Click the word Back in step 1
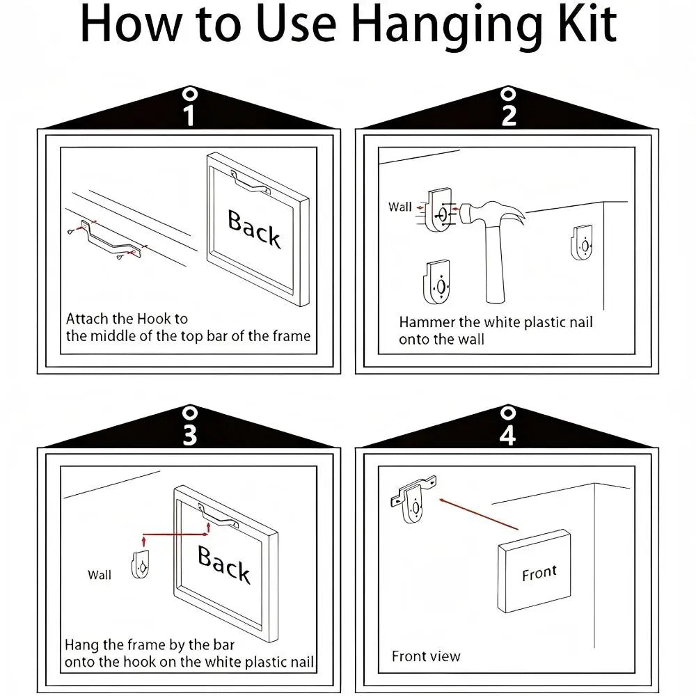pyautogui.click(x=254, y=229)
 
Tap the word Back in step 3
pyautogui.click(x=224, y=564)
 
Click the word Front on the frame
pyautogui.click(x=539, y=573)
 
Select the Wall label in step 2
pyautogui.click(x=400, y=207)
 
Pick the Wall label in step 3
pyautogui.click(x=100, y=575)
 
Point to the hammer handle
pyautogui.click(x=494, y=264)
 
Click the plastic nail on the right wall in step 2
pyautogui.click(x=581, y=242)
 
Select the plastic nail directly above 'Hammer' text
pyautogui.click(x=437, y=283)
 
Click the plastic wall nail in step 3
pyautogui.click(x=141, y=564)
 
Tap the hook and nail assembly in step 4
pyautogui.click(x=413, y=499)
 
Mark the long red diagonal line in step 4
pyautogui.click(x=479, y=514)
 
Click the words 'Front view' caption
pyautogui.click(x=426, y=656)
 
